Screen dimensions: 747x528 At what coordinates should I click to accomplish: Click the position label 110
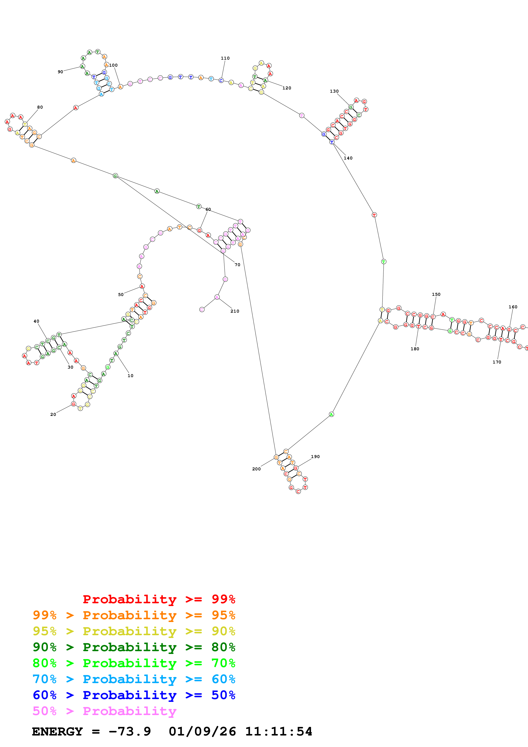click(x=225, y=58)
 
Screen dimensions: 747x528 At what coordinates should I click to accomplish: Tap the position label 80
click(x=40, y=107)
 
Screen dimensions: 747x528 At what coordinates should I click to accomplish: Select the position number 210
click(x=235, y=311)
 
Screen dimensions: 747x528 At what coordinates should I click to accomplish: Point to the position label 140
click(x=348, y=158)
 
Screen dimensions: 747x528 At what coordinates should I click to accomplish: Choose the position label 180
click(x=414, y=349)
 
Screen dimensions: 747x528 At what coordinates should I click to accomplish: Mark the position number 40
click(x=36, y=321)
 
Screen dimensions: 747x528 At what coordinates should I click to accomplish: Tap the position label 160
click(x=513, y=307)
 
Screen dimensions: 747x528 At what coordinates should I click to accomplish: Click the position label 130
click(x=334, y=91)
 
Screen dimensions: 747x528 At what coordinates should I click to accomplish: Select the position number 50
click(x=121, y=294)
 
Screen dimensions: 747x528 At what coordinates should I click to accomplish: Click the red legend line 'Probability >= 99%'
click(x=159, y=599)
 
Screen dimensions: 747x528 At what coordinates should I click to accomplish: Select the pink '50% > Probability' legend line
click(x=104, y=711)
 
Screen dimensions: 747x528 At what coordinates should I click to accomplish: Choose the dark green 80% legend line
click(x=134, y=647)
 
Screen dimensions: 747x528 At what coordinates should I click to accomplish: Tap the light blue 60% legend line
click(x=134, y=679)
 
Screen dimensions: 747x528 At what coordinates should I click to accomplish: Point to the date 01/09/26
click(x=202, y=731)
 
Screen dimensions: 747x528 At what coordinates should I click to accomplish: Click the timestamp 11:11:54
click(x=278, y=731)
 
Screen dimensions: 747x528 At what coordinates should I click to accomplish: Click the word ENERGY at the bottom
click(x=57, y=731)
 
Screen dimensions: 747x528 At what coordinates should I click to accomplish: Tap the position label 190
click(x=315, y=457)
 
